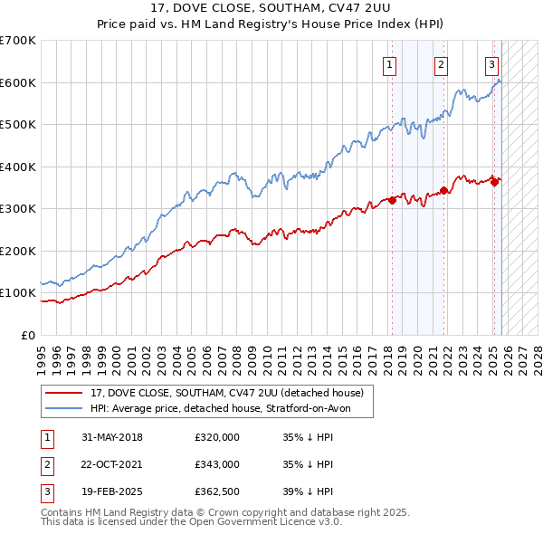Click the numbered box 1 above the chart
[x=390, y=64]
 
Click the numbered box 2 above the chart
[x=441, y=64]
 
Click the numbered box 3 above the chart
[x=491, y=64]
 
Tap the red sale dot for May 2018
[x=393, y=201]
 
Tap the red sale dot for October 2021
[x=443, y=191]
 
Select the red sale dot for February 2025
[x=494, y=182]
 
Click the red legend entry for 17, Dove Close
[x=226, y=393]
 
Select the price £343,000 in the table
[x=216, y=464]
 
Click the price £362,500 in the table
[x=216, y=491]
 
